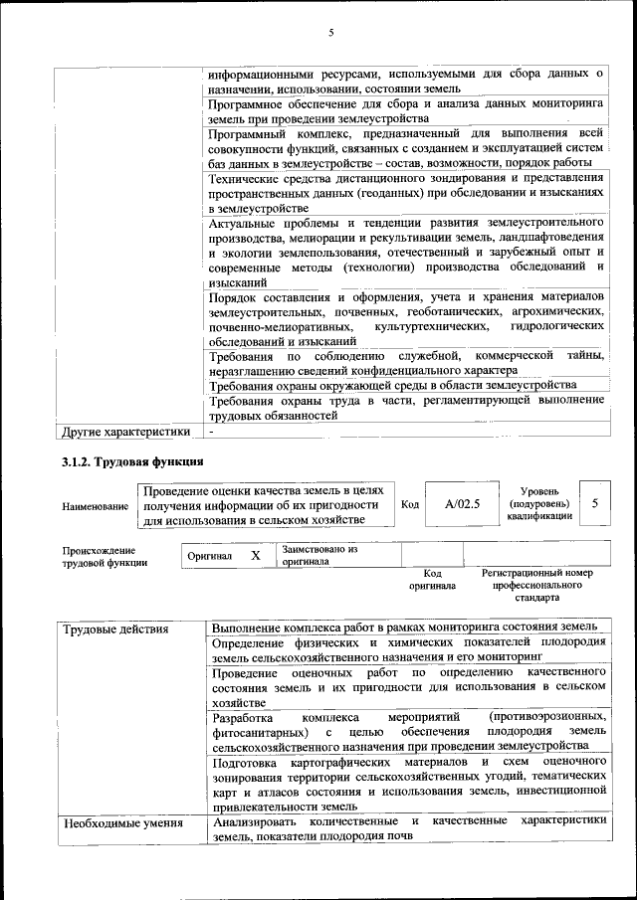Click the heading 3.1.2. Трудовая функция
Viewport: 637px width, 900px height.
coord(132,462)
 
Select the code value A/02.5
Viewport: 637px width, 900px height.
coord(462,504)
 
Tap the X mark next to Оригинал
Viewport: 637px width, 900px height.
coord(256,556)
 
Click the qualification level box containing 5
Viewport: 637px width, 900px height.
coord(595,504)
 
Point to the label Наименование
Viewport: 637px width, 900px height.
coord(96,506)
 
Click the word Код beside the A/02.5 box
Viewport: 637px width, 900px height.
coord(409,504)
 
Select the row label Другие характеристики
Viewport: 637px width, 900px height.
coord(125,432)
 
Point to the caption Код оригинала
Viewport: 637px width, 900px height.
coord(432,580)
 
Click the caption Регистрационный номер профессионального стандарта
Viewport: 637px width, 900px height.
coord(537,586)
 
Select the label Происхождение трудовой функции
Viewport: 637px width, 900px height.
coord(99,556)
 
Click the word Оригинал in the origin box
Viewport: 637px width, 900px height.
coord(210,556)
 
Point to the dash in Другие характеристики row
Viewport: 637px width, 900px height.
coord(212,432)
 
